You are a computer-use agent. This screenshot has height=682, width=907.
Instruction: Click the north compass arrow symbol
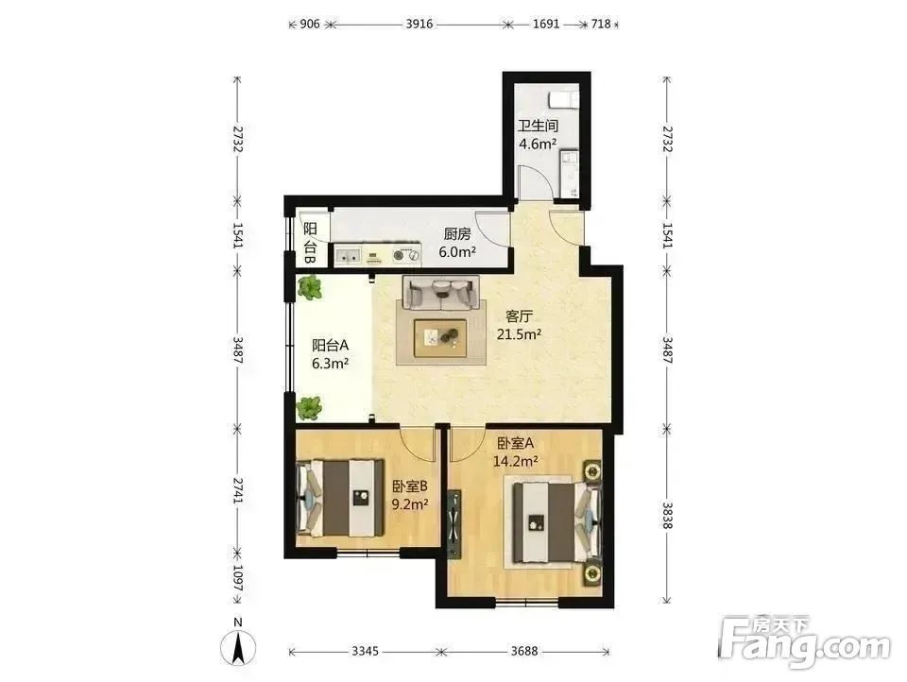[x=238, y=648]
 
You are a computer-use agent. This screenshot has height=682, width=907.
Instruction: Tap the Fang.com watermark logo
[x=805, y=642]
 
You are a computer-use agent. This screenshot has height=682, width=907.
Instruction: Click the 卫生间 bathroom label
[x=538, y=126]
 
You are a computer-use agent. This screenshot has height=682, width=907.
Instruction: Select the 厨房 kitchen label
[x=457, y=233]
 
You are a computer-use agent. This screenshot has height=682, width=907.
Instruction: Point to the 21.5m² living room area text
[x=519, y=334]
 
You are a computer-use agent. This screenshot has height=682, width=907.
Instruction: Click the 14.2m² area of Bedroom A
[x=516, y=461]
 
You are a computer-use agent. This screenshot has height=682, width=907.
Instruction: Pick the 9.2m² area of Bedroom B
[x=409, y=503]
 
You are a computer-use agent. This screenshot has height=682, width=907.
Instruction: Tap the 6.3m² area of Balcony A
[x=330, y=364]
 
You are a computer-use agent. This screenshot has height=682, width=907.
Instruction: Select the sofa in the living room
[x=441, y=293]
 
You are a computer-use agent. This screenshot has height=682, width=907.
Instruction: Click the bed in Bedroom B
[x=341, y=498]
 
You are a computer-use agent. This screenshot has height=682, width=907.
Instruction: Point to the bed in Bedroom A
[x=557, y=522]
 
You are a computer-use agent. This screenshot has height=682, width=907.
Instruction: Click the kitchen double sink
[x=348, y=254]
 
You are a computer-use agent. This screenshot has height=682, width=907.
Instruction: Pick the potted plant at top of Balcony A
[x=310, y=287]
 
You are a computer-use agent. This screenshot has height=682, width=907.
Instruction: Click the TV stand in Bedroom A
[x=454, y=524]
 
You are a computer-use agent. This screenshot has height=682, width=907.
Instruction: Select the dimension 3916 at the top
[x=419, y=25]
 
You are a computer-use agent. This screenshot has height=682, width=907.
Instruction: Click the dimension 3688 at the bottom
[x=524, y=652]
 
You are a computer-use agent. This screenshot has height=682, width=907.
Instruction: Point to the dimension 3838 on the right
[x=668, y=515]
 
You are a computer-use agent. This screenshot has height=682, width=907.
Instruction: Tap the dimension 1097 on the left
[x=237, y=577]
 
